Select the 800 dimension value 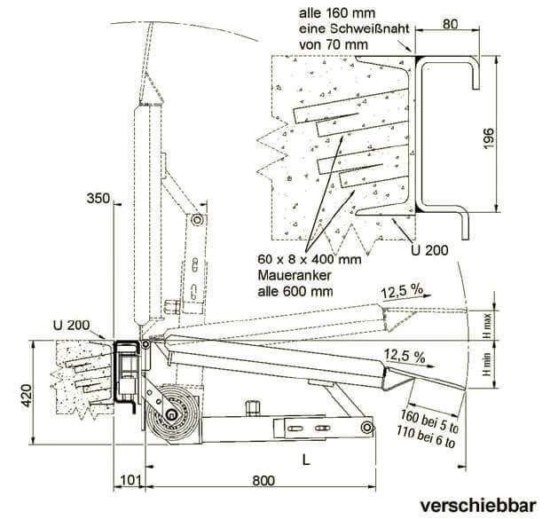pos(261,482)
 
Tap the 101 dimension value pos(130,482)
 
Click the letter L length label pos(305,460)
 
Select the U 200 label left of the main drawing pos(71,321)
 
